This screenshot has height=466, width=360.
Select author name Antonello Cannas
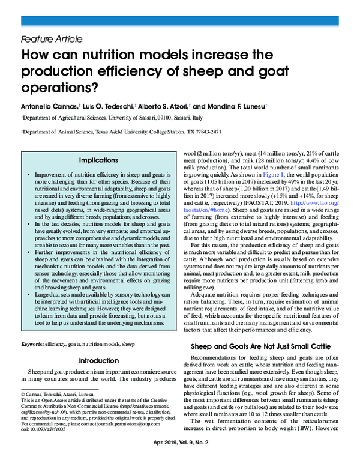[49, 106]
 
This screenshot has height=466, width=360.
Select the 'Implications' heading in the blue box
[98, 161]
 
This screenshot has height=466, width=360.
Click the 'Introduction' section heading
[98, 361]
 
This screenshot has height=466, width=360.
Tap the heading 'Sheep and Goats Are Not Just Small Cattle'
[260, 346]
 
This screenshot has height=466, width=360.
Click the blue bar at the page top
[180, 22]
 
